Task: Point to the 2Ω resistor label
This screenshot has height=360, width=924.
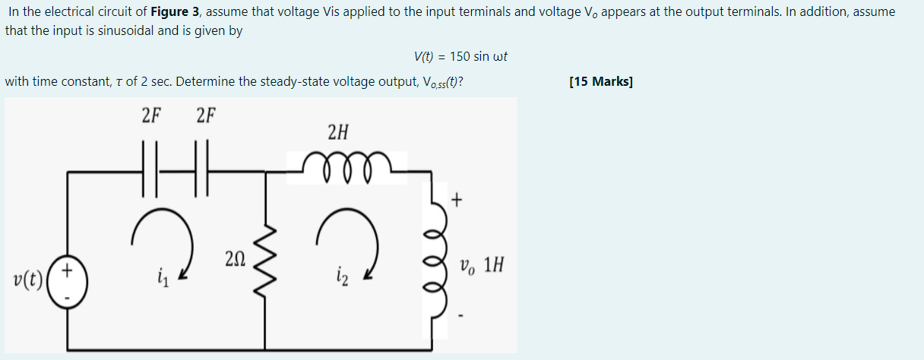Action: (234, 259)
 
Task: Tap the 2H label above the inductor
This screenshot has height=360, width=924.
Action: (338, 133)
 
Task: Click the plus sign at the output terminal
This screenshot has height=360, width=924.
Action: (456, 201)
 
